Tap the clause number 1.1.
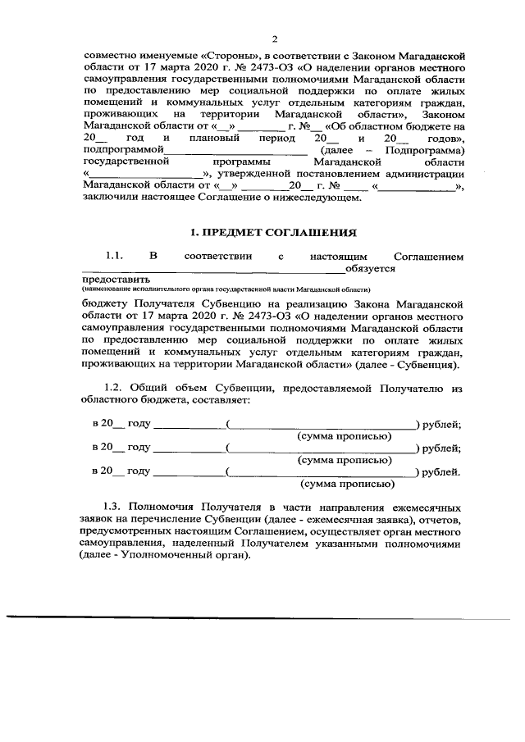pos(113,256)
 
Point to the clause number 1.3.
pos(113,508)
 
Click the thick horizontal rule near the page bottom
pos(262,617)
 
